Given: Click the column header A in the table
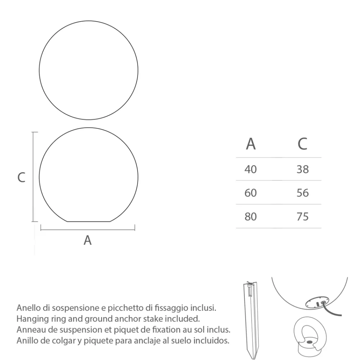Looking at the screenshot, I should point(251,144).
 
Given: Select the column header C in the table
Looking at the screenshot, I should point(302,144).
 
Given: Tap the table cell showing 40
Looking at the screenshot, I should point(251,169).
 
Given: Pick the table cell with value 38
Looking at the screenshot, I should point(303,169).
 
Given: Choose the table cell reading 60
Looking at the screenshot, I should point(251,193).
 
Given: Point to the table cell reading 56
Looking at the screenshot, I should point(303,193).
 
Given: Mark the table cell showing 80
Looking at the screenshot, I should point(251,217).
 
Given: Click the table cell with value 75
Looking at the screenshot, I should point(303,217).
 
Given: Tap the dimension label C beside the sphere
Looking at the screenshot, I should point(22,177).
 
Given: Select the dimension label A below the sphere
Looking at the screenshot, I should point(87,240).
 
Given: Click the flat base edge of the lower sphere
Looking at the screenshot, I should point(89,222).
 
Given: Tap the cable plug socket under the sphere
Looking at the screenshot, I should point(317,303).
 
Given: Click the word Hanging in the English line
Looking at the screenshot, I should point(31,319).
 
